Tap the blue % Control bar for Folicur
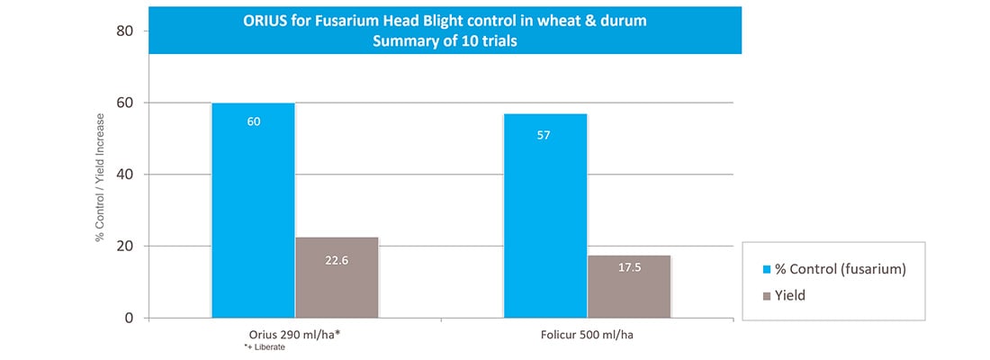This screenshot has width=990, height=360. tap(545, 216)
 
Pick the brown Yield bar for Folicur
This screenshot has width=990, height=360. tap(629, 286)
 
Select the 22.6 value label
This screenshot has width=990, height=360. tap(337, 259)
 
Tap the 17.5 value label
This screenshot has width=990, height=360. tap(629, 268)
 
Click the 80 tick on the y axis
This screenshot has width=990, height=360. tap(126, 31)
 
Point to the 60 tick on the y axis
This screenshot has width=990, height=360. tap(126, 103)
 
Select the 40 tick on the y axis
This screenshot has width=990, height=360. tap(126, 175)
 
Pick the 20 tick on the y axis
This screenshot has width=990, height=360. tap(126, 247)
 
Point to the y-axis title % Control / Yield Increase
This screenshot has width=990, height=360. tap(101, 175)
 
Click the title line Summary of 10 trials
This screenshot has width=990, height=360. tap(445, 41)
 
